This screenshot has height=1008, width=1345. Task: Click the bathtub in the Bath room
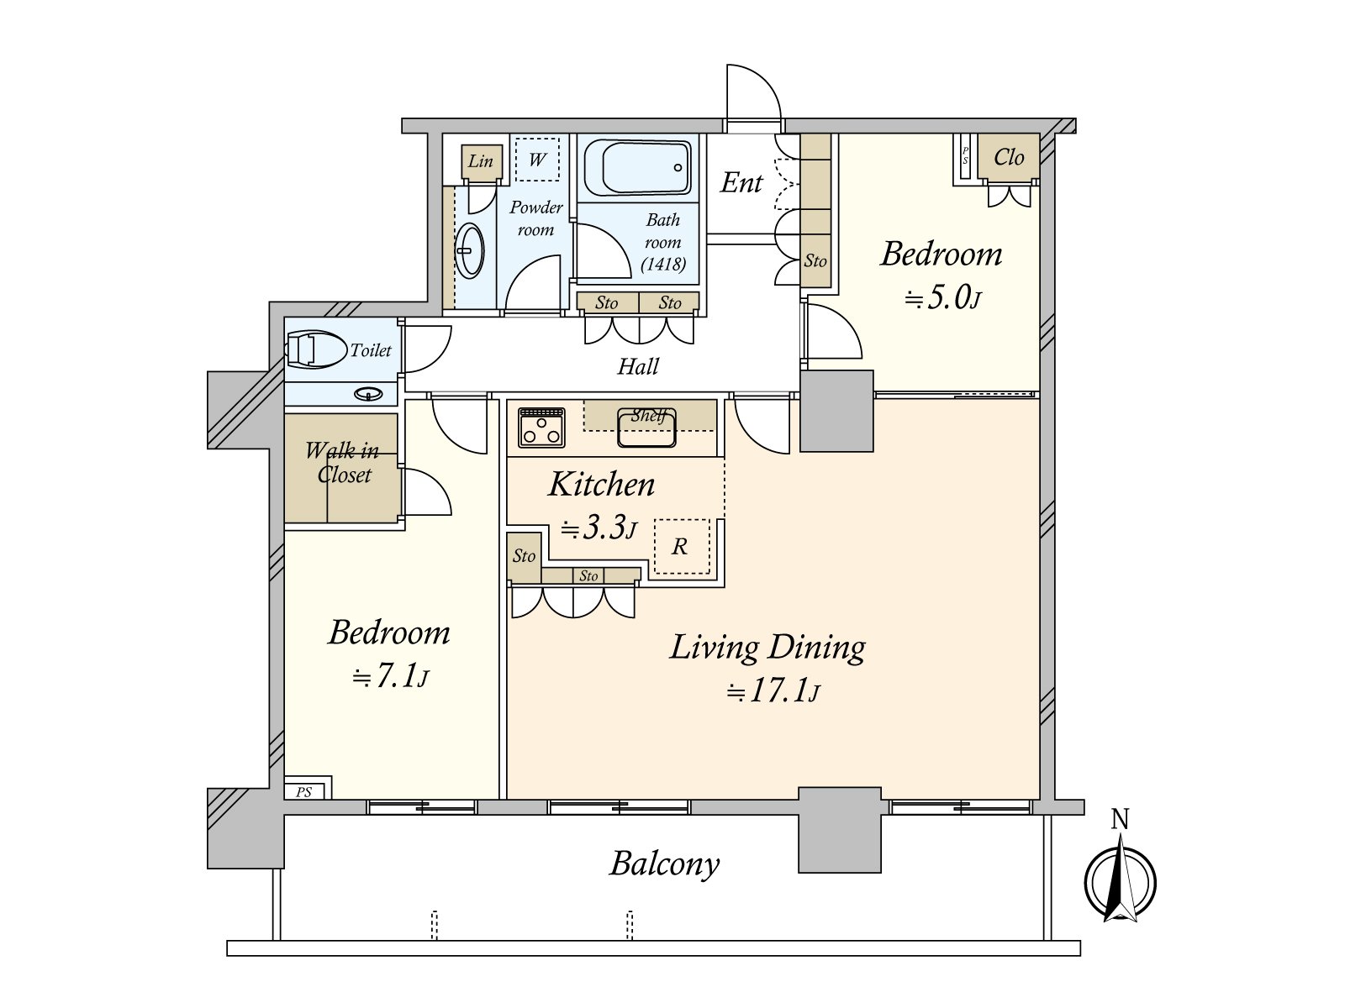click(637, 167)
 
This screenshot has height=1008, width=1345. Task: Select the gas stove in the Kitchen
click(541, 428)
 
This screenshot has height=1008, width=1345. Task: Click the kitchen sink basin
click(646, 428)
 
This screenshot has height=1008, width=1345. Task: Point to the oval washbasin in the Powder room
click(471, 251)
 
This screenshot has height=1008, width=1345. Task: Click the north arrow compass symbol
click(1120, 883)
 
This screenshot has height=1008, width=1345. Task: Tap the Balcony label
click(664, 865)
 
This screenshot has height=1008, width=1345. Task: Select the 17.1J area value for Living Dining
click(773, 691)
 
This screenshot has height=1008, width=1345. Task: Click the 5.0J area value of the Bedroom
click(944, 297)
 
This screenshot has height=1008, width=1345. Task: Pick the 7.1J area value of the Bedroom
click(390, 675)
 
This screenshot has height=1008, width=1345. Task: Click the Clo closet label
click(1009, 157)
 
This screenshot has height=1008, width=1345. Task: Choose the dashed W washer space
click(537, 159)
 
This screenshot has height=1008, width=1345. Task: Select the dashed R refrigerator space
click(682, 547)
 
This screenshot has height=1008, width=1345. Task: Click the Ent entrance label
click(741, 181)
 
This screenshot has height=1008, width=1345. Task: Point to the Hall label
click(638, 366)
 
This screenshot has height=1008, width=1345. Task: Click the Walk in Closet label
click(343, 463)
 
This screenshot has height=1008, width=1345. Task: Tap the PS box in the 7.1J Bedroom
click(309, 787)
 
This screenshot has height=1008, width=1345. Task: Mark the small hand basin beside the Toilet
click(368, 394)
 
